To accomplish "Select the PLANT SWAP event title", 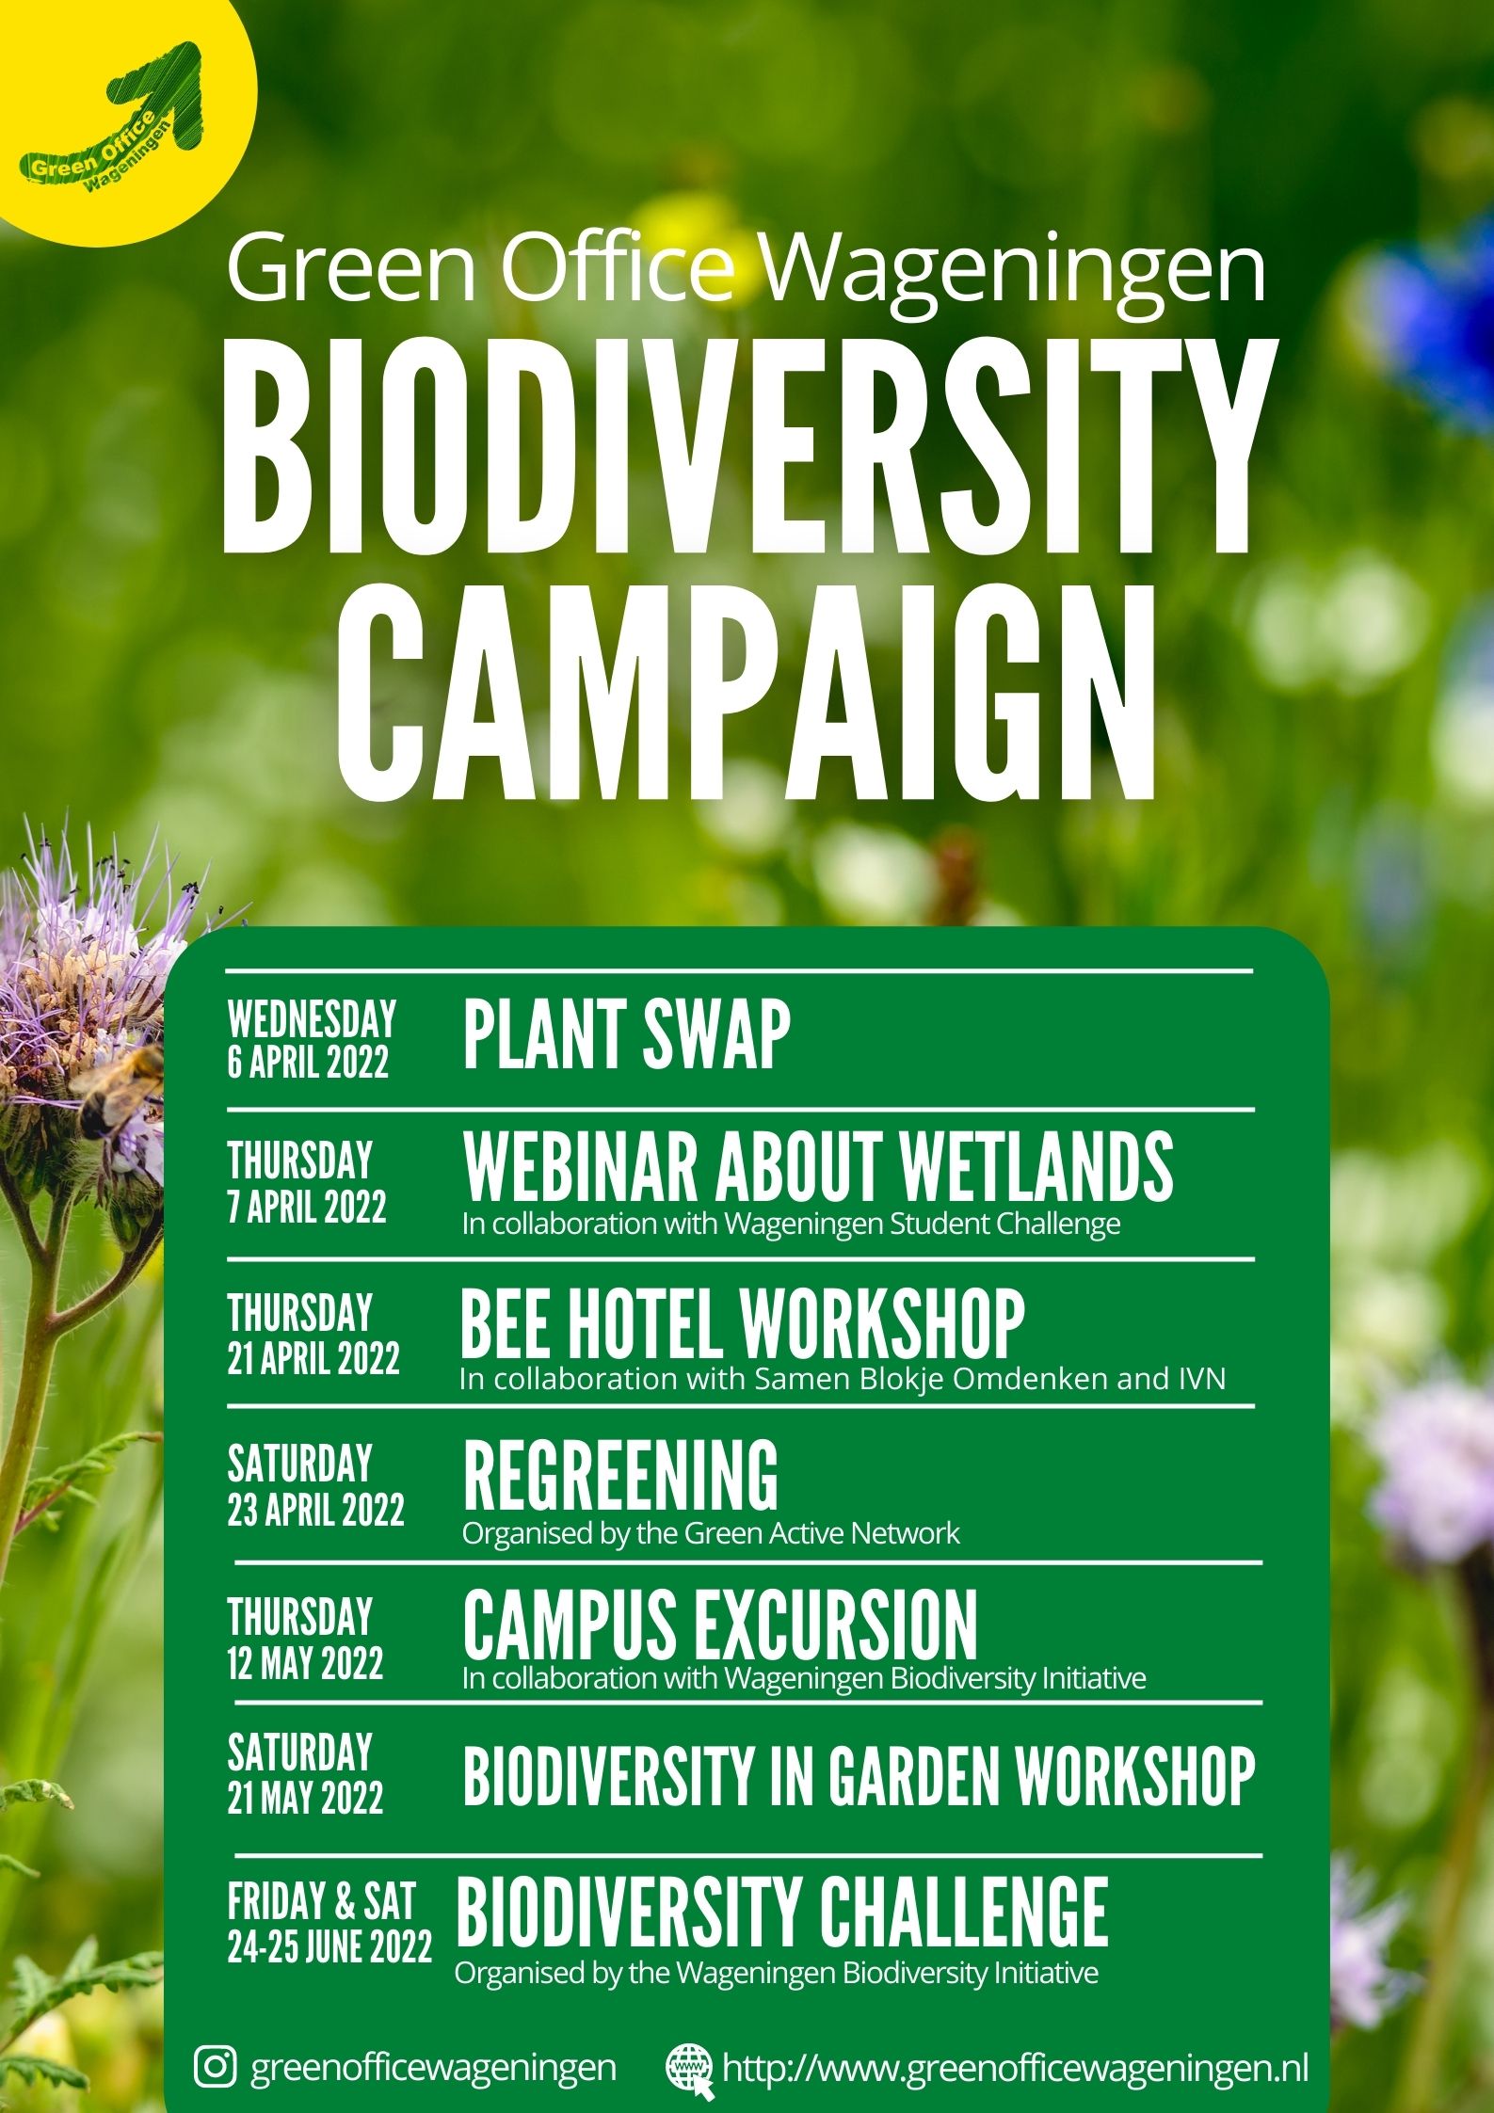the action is point(626,1034).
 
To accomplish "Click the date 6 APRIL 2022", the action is point(308,1062).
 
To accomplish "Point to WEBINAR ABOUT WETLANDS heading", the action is point(818,1167).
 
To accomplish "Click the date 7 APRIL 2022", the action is point(307,1207).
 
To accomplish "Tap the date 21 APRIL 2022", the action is point(313,1358).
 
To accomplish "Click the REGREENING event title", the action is point(620,1475).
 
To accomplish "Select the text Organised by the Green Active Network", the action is point(711,1533).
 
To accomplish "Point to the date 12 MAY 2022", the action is point(305,1664).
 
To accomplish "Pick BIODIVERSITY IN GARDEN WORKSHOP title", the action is point(859,1776).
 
